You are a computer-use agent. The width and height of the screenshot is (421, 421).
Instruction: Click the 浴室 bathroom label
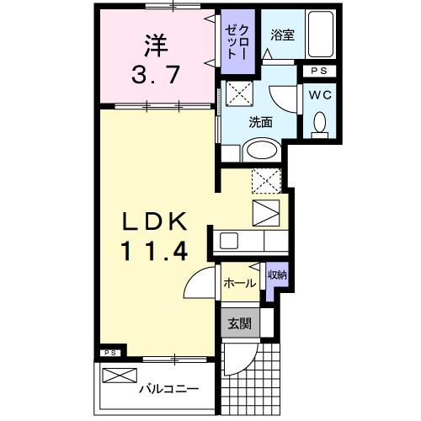tap(281, 35)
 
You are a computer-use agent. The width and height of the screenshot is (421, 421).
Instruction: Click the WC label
tap(320, 95)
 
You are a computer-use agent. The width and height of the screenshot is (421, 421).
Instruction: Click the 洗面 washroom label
tap(260, 122)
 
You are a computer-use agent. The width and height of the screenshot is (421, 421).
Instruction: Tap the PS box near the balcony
tap(109, 353)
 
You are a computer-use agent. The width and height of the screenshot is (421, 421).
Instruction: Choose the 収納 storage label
tap(277, 274)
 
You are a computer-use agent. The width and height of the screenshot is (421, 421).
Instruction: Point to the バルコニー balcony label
tap(169, 390)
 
